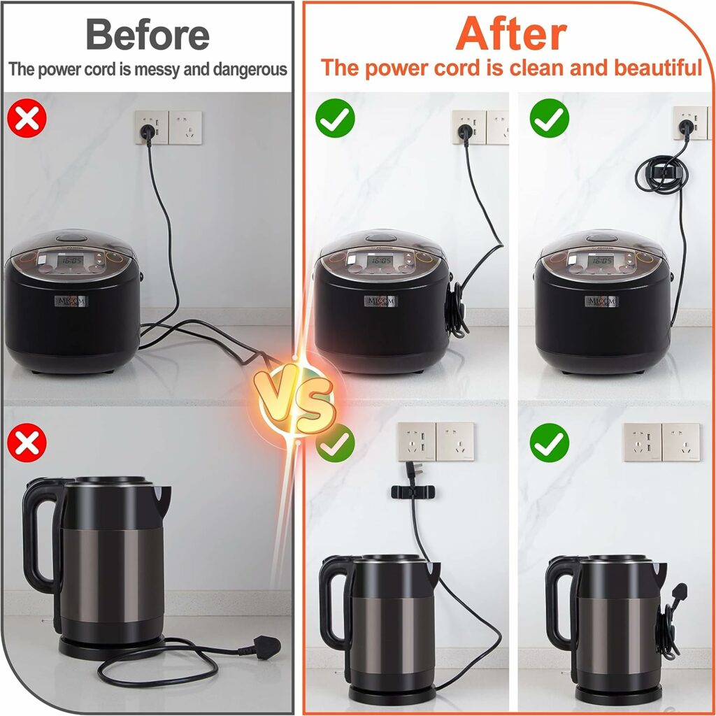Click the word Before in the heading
[148, 34]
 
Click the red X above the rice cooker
[27, 118]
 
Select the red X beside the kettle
[27, 443]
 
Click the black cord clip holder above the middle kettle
[410, 492]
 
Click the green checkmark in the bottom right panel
[549, 442]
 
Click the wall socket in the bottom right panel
[661, 442]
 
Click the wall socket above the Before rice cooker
[169, 128]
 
